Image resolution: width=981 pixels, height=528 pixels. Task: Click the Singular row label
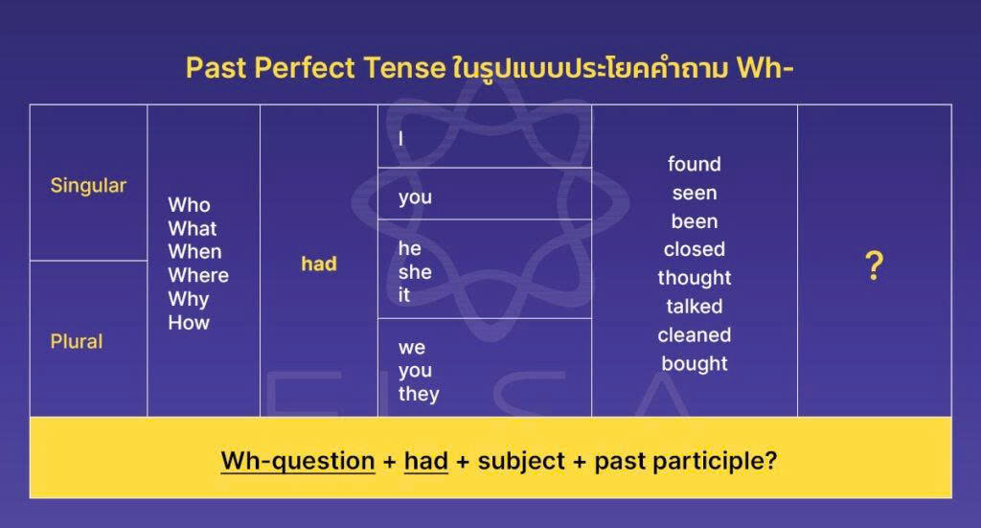click(x=88, y=185)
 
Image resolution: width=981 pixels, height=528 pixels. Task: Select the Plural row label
click(x=77, y=341)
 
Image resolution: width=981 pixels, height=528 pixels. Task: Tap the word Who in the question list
click(x=189, y=205)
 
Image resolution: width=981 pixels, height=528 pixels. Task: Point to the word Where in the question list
click(x=198, y=275)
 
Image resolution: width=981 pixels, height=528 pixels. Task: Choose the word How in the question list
click(x=189, y=323)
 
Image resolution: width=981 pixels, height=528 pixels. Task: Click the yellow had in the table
click(x=319, y=264)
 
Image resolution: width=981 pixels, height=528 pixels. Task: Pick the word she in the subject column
click(x=415, y=272)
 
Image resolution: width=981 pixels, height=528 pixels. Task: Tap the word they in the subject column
click(x=419, y=394)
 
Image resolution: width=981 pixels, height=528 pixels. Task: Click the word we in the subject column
click(x=412, y=347)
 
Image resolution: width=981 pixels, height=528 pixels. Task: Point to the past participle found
click(x=695, y=164)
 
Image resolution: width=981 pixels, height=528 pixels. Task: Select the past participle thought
click(x=695, y=278)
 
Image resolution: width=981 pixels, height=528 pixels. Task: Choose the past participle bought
click(x=695, y=364)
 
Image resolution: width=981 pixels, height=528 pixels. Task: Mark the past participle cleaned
click(x=695, y=335)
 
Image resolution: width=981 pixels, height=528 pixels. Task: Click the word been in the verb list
click(x=695, y=221)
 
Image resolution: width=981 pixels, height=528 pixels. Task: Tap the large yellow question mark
click(x=873, y=266)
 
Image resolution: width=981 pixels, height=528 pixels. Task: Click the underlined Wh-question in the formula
click(x=298, y=461)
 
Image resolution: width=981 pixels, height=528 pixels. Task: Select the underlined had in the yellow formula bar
click(x=426, y=461)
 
